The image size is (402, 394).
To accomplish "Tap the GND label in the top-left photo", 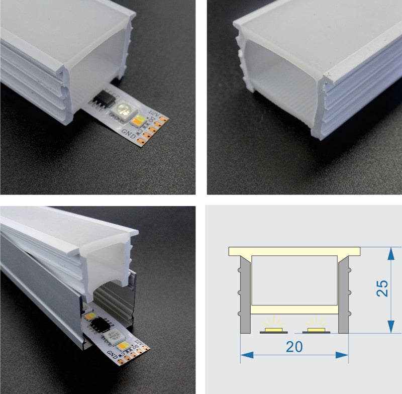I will pyautogui.click(x=128, y=134).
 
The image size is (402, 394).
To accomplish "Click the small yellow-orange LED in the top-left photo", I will pyautogui.click(x=137, y=119).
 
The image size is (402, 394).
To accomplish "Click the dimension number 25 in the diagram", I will pyautogui.click(x=383, y=289).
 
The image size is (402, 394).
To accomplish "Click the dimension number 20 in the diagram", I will pyautogui.click(x=294, y=347).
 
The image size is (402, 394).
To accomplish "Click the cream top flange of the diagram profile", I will pyautogui.click(x=294, y=251).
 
